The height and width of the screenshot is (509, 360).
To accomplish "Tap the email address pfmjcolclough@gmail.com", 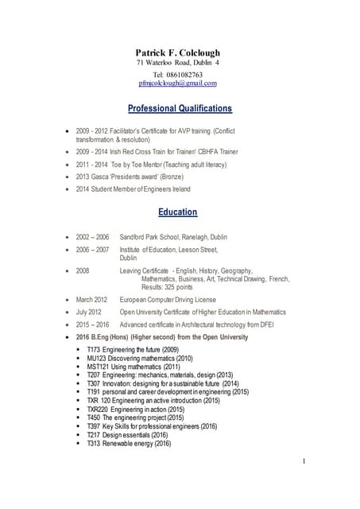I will [x=178, y=83].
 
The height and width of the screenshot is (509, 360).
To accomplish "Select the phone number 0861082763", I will [x=185, y=73].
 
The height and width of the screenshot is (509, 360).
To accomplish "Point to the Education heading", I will [x=178, y=212].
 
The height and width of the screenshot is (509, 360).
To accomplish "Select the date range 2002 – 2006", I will [x=92, y=237].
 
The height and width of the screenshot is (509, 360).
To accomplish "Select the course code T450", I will [x=94, y=417].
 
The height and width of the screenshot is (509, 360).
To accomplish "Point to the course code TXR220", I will [x=99, y=408].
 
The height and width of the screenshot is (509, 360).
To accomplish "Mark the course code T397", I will [x=94, y=425].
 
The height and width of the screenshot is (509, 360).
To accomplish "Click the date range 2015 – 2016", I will [x=92, y=324].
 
